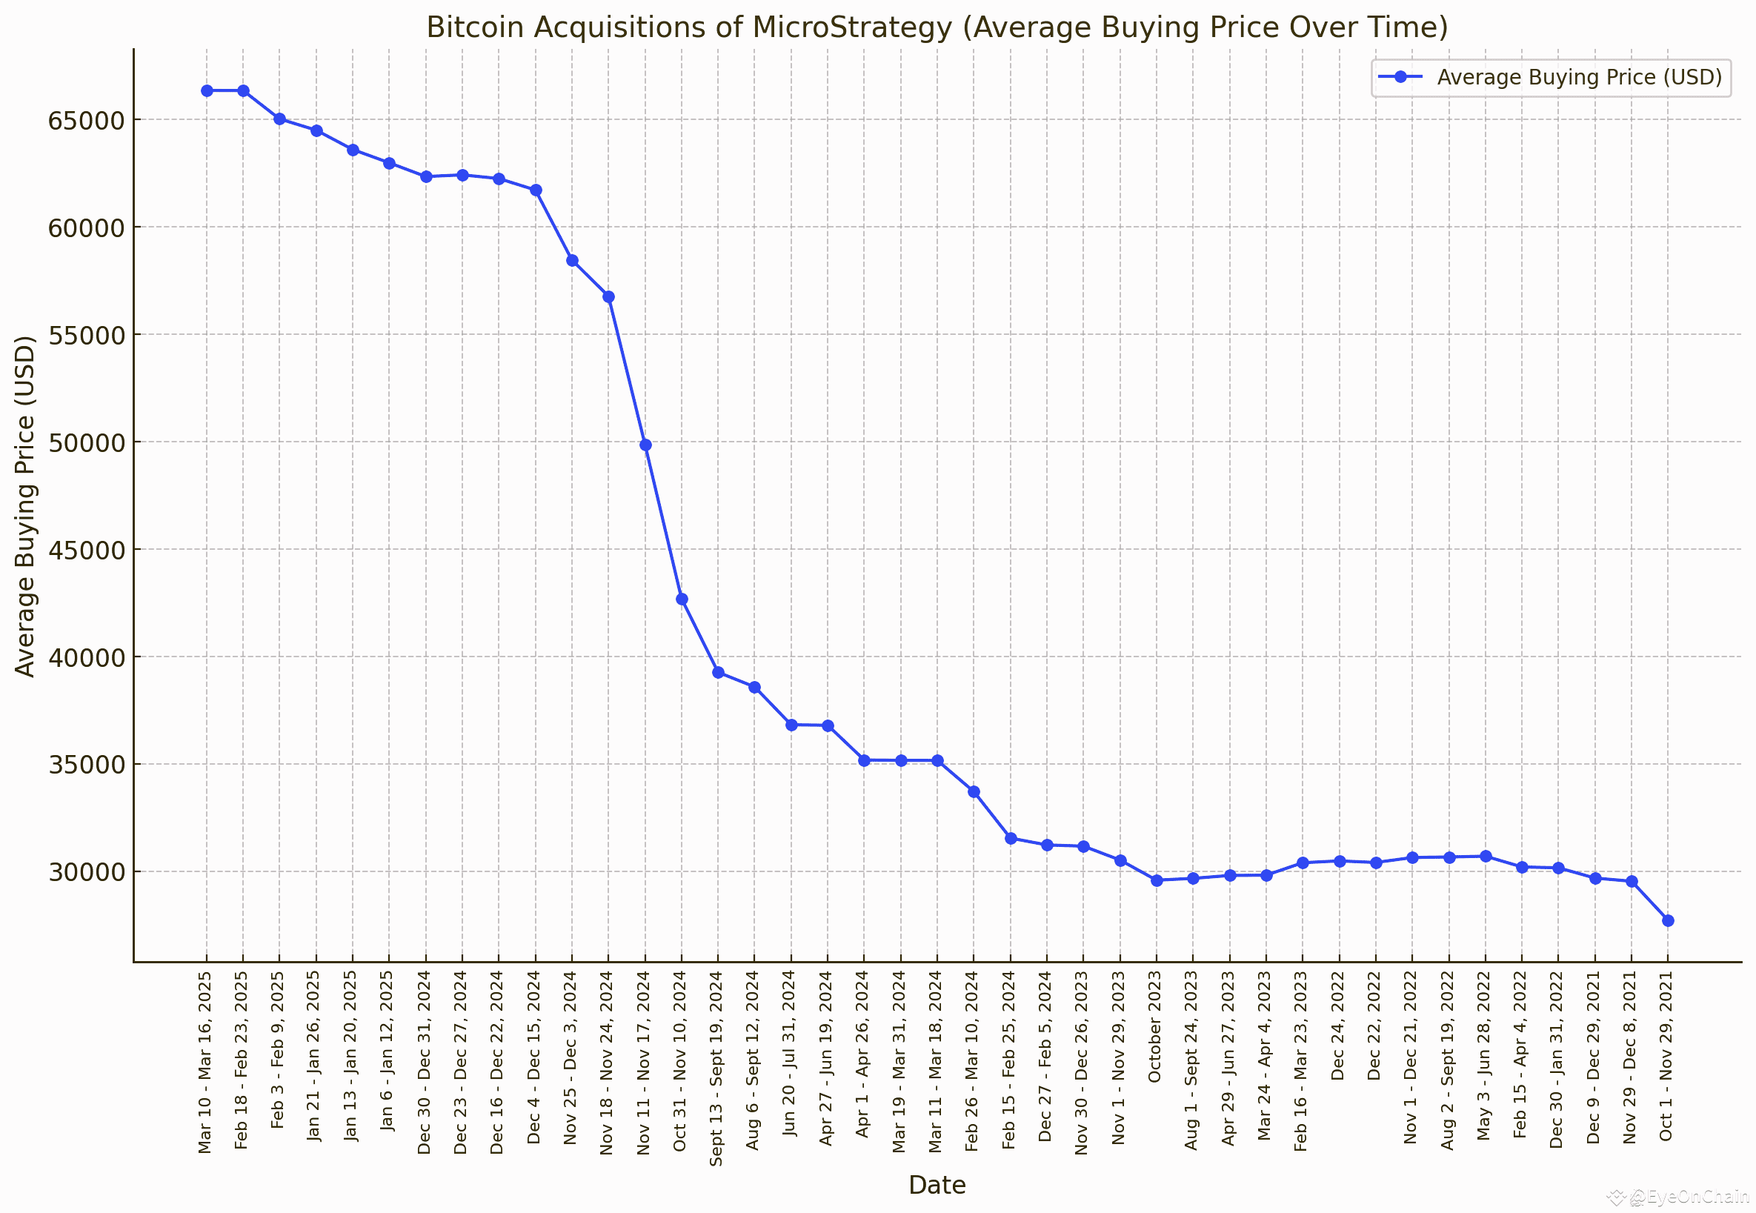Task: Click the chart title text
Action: [x=937, y=27]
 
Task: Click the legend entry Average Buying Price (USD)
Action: [x=1578, y=78]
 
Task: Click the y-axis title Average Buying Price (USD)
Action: [x=26, y=506]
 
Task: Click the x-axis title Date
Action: [x=937, y=1185]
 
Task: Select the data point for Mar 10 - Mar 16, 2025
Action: [x=207, y=90]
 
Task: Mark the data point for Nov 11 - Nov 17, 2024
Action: [x=645, y=445]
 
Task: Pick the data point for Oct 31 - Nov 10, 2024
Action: [x=682, y=599]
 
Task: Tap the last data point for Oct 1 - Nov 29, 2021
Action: [x=1668, y=920]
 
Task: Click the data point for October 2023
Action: [x=1157, y=880]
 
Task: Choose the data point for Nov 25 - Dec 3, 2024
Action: [x=572, y=260]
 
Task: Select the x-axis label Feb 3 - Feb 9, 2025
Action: [x=278, y=1049]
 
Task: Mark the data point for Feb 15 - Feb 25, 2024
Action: [x=1011, y=838]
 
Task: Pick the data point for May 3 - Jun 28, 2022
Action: [x=1486, y=857]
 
